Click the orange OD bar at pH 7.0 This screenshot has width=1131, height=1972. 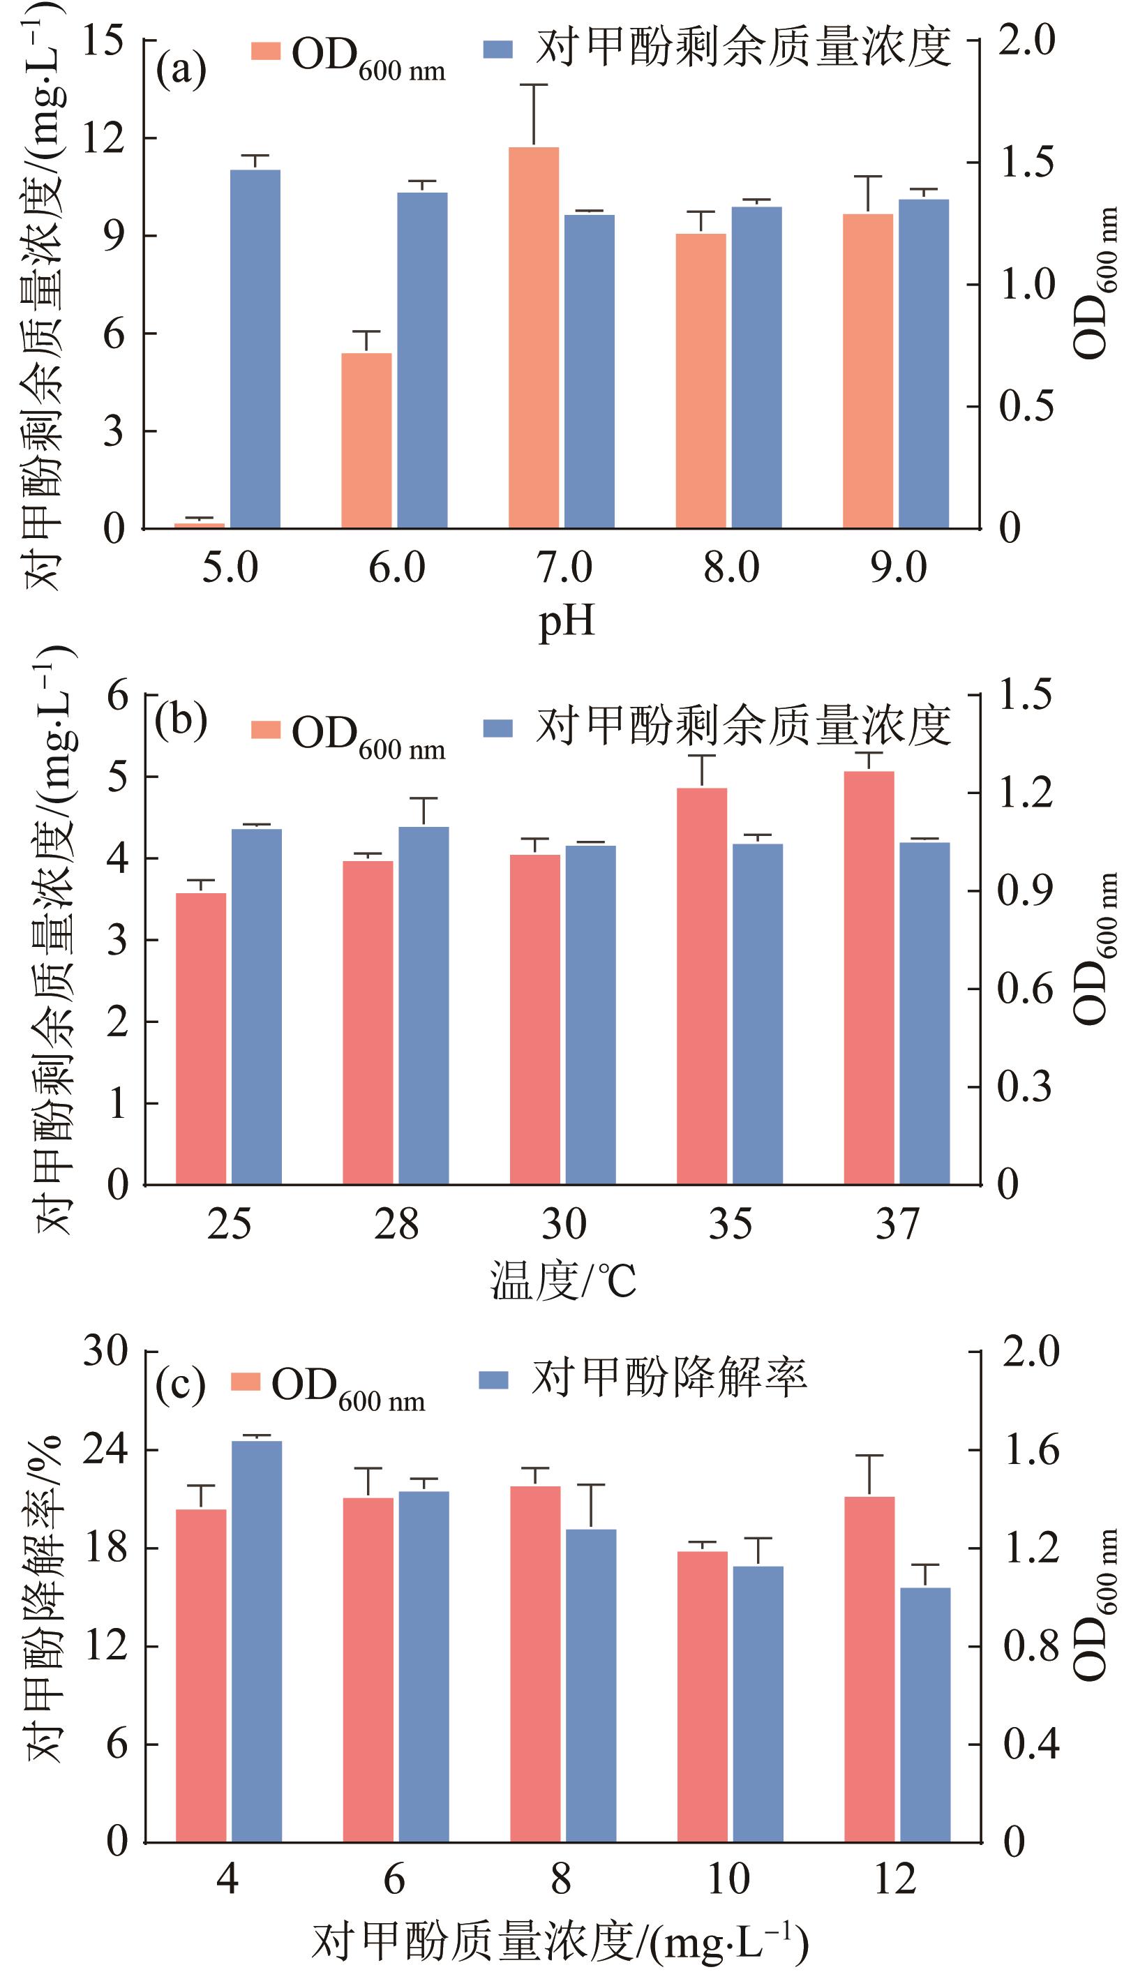point(534,338)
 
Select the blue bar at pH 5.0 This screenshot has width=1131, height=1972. point(255,350)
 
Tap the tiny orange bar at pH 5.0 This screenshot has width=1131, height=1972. point(200,525)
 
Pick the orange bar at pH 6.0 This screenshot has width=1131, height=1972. point(366,440)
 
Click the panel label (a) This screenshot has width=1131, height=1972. point(181,70)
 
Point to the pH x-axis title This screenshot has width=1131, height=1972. point(567,620)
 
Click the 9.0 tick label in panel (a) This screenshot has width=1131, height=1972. point(898,569)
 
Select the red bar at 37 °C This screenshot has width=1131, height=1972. point(869,978)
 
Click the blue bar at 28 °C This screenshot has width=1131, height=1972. point(424,1005)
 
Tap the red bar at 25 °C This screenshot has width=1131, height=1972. point(201,1038)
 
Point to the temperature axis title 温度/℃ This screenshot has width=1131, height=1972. point(563,1280)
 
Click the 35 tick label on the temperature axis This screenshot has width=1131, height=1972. point(731,1225)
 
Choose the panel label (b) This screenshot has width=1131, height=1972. point(181,722)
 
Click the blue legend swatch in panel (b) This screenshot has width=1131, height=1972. point(498,728)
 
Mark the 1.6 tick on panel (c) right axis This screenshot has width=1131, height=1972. point(1031,1450)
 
